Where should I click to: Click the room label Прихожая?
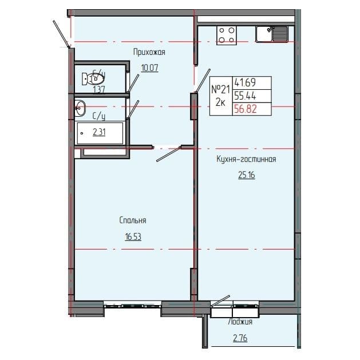[149, 53]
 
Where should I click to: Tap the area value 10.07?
[149, 68]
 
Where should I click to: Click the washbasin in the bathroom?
[80, 107]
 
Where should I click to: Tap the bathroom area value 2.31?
[101, 133]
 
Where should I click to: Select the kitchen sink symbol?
[272, 34]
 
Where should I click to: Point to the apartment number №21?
[220, 89]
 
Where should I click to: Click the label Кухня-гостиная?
[247, 160]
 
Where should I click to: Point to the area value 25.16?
[247, 175]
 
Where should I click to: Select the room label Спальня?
[133, 220]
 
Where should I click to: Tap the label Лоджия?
[240, 322]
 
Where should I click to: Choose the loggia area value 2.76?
[240, 338]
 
